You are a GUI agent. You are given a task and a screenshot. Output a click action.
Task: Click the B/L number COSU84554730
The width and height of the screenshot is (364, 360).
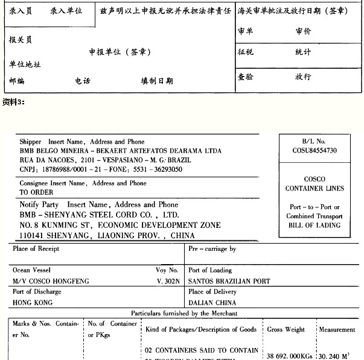pyautogui.click(x=315, y=151)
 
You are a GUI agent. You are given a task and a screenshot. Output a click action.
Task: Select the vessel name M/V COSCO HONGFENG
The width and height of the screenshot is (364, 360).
pyautogui.click(x=50, y=281)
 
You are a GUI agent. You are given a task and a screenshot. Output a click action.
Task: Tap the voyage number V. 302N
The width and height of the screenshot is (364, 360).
pyautogui.click(x=167, y=281)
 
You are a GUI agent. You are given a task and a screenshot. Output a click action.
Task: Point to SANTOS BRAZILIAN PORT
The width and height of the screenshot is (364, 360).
pyautogui.click(x=229, y=281)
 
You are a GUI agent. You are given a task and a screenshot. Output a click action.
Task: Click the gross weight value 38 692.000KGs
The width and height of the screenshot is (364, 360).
pyautogui.click(x=290, y=356)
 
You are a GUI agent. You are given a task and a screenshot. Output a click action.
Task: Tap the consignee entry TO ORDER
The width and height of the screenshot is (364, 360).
pyautogui.click(x=36, y=192)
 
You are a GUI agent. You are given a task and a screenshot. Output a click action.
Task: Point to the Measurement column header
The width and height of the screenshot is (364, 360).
pyautogui.click(x=337, y=330)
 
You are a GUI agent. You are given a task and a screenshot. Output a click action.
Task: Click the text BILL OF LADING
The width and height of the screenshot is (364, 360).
pyautogui.click(x=315, y=226)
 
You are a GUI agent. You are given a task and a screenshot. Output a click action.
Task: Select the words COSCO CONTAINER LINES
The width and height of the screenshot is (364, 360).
pyautogui.click(x=315, y=184)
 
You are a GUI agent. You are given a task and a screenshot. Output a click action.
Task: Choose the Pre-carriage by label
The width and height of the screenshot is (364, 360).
pyautogui.click(x=212, y=248)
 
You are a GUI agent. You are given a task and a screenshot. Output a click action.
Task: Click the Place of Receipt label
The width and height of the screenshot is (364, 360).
pyautogui.click(x=36, y=248)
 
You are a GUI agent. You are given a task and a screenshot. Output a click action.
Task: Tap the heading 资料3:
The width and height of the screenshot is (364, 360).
pyautogui.click(x=13, y=101)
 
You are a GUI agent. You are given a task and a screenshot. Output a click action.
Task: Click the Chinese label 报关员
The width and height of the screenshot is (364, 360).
pyautogui.click(x=21, y=40)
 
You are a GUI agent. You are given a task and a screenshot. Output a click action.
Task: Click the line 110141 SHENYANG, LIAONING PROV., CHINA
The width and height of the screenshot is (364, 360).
pyautogui.click(x=107, y=235)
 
